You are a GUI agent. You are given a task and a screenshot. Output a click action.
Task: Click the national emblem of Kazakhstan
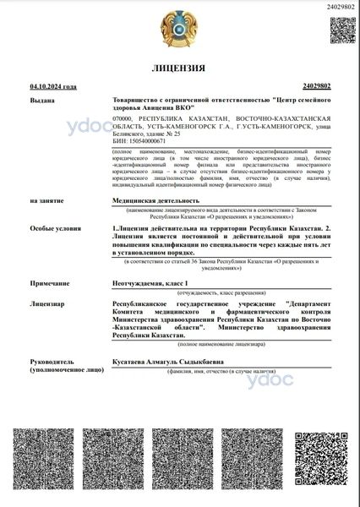tap(179, 31)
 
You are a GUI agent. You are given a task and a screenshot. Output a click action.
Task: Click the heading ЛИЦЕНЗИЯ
tap(180, 68)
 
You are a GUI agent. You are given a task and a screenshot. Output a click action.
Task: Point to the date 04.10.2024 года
tap(53, 86)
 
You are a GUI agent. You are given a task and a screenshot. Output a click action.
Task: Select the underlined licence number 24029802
tap(316, 86)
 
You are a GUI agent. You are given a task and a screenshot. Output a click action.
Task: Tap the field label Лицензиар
tap(46, 302)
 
